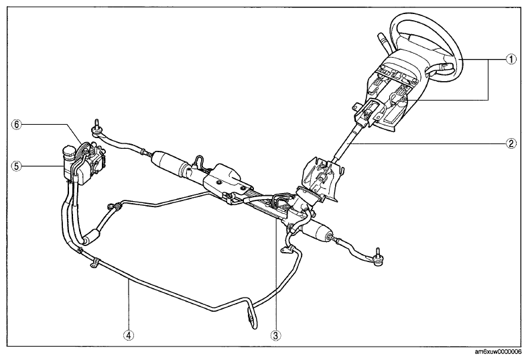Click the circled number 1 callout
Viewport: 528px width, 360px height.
coord(511,59)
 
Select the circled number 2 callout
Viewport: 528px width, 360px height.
coord(511,143)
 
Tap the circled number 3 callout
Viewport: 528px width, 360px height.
coord(276,335)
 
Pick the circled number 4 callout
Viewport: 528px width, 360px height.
coord(129,335)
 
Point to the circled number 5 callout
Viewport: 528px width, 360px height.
coord(16,166)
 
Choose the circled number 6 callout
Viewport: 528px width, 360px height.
coord(16,124)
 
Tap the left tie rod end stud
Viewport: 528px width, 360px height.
coord(97,124)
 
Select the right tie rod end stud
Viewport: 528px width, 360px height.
coord(378,253)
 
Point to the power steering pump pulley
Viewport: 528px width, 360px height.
coord(82,151)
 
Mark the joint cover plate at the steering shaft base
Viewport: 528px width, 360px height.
coord(322,178)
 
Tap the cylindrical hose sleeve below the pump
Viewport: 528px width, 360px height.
coord(92,236)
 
